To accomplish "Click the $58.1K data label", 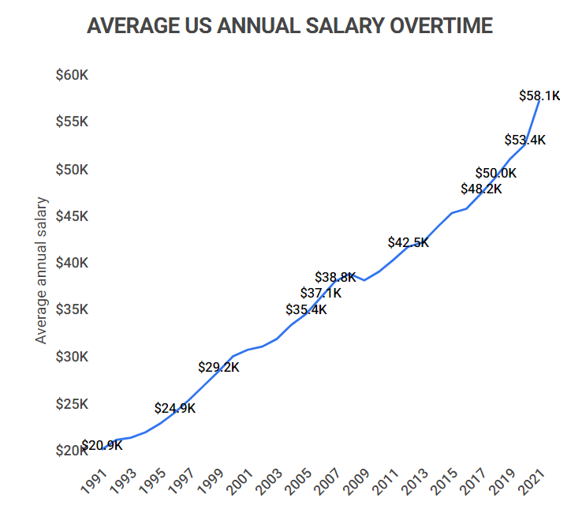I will (539, 95).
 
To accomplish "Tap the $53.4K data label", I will (525, 140).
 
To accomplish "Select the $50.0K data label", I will (495, 173).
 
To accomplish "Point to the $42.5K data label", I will (409, 242).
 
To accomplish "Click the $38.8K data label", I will (335, 277).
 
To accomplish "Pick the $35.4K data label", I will (306, 309).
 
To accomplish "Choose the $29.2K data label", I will (218, 367).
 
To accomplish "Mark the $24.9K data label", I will (175, 408).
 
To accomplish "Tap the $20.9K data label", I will (103, 445).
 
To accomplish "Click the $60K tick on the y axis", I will (72, 76).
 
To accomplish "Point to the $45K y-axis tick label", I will (72, 216).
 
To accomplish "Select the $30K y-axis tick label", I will (72, 357).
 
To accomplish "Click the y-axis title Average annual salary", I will (42, 270).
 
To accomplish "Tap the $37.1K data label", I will (321, 294).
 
